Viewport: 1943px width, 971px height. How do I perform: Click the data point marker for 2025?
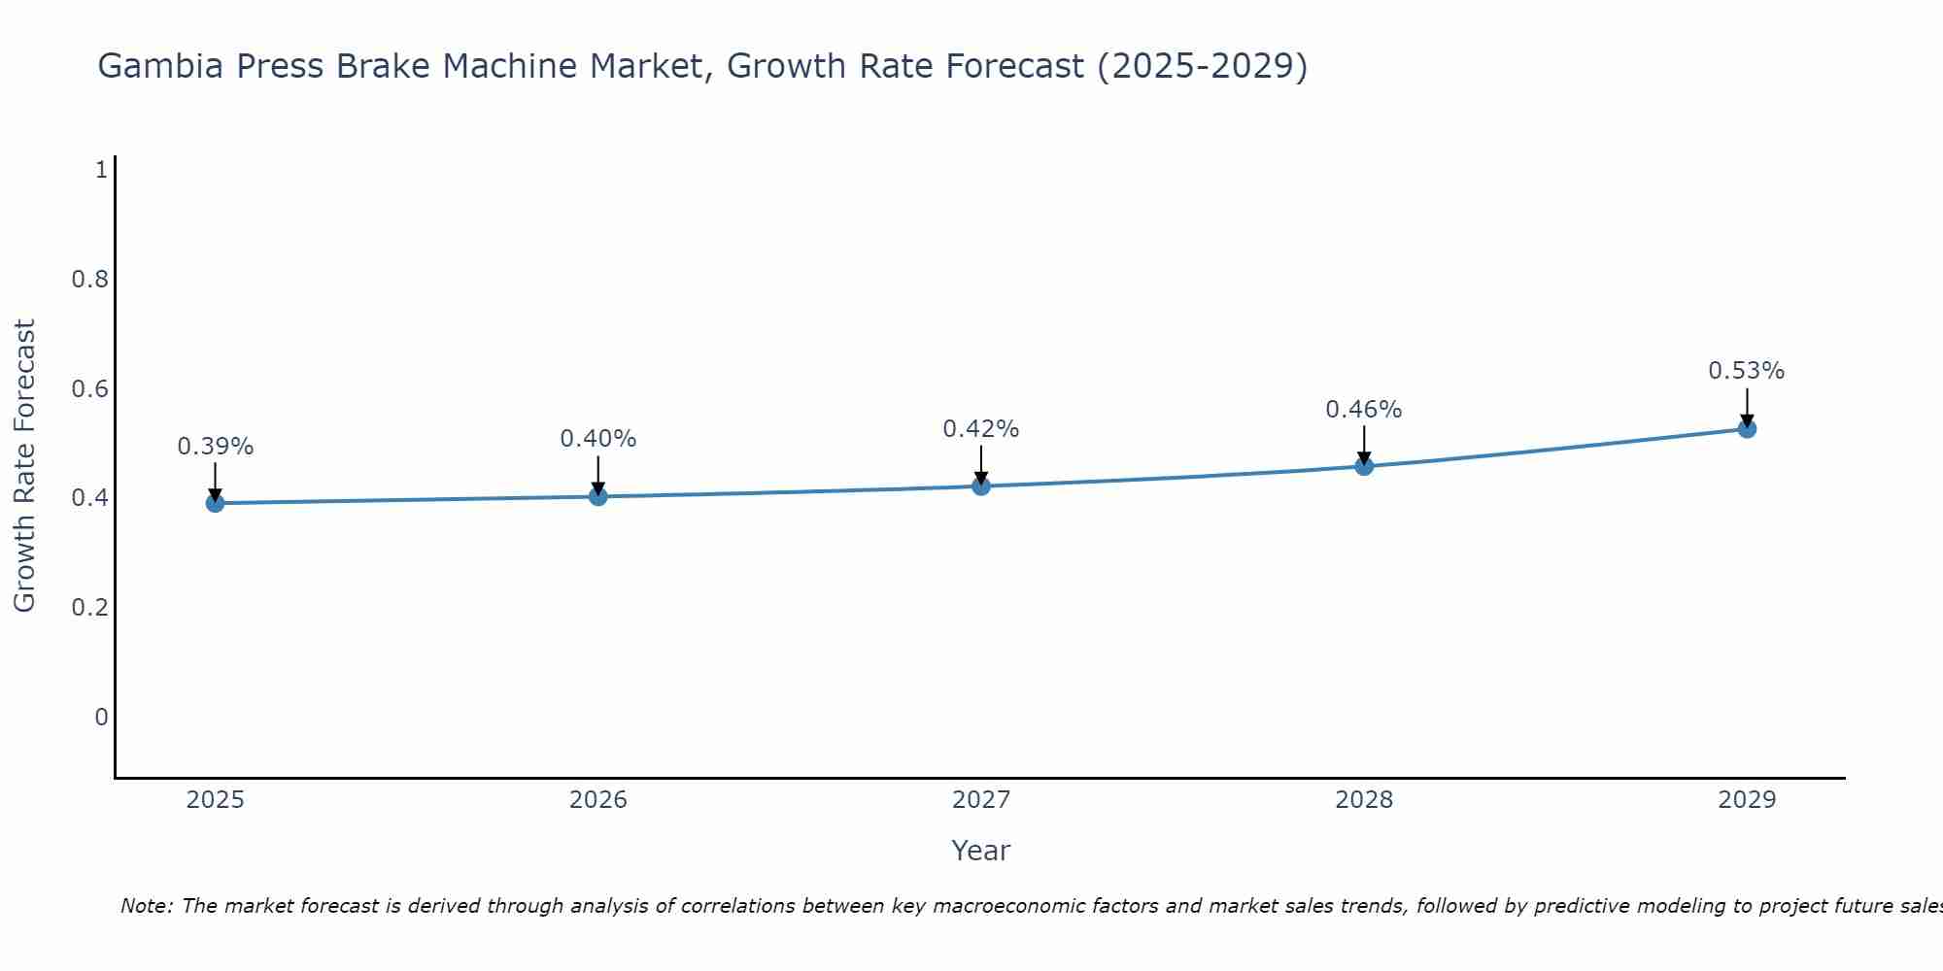pyautogui.click(x=215, y=503)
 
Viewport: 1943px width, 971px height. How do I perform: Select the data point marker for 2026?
pyautogui.click(x=597, y=496)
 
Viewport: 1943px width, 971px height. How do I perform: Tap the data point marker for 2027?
pyautogui.click(x=980, y=485)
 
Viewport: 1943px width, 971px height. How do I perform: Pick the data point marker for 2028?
pyautogui.click(x=1363, y=466)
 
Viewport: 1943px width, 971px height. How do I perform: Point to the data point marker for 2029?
pyautogui.click(x=1746, y=428)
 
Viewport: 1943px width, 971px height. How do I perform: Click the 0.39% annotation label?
pyautogui.click(x=215, y=447)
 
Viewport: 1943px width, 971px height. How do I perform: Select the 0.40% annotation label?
pyautogui.click(x=597, y=439)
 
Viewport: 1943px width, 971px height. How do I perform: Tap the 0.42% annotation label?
pyautogui.click(x=980, y=429)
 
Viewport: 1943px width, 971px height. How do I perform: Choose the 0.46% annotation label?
pyautogui.click(x=1363, y=410)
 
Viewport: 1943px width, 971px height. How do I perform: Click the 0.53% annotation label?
pyautogui.click(x=1746, y=371)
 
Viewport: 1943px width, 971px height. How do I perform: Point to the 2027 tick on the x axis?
pyautogui.click(x=980, y=800)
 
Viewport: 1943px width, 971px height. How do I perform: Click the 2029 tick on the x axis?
pyautogui.click(x=1746, y=800)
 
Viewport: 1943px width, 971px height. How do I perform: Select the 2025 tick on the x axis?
pyautogui.click(x=215, y=800)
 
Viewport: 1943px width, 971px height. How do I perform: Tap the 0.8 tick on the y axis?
pyautogui.click(x=89, y=280)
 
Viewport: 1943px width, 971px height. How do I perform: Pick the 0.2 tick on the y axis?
pyautogui.click(x=89, y=608)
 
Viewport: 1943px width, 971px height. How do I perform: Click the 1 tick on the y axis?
pyautogui.click(x=100, y=171)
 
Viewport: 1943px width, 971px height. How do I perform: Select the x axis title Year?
pyautogui.click(x=980, y=851)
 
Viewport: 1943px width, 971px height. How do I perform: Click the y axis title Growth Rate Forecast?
pyautogui.click(x=24, y=466)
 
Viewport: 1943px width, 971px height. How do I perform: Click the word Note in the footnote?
pyautogui.click(x=146, y=906)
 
